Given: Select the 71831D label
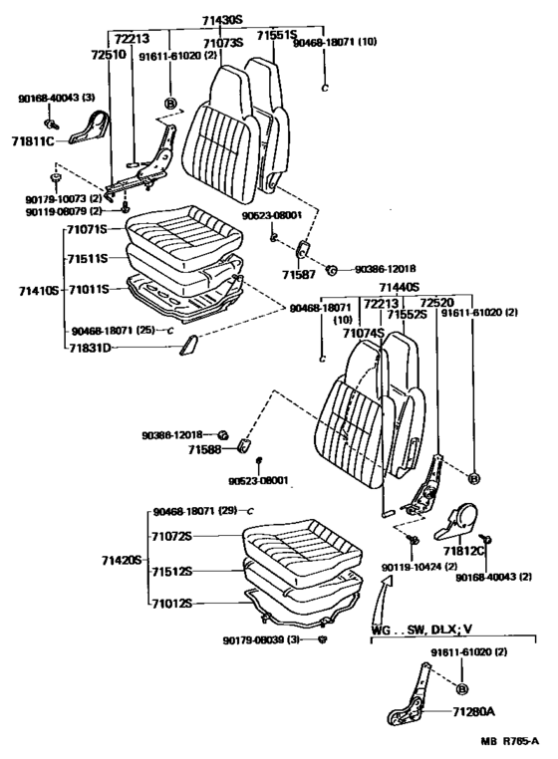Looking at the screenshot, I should pyautogui.click(x=92, y=348).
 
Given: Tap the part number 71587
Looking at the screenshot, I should pyautogui.click(x=297, y=274).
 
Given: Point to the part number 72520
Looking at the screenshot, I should pyautogui.click(x=436, y=302).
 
